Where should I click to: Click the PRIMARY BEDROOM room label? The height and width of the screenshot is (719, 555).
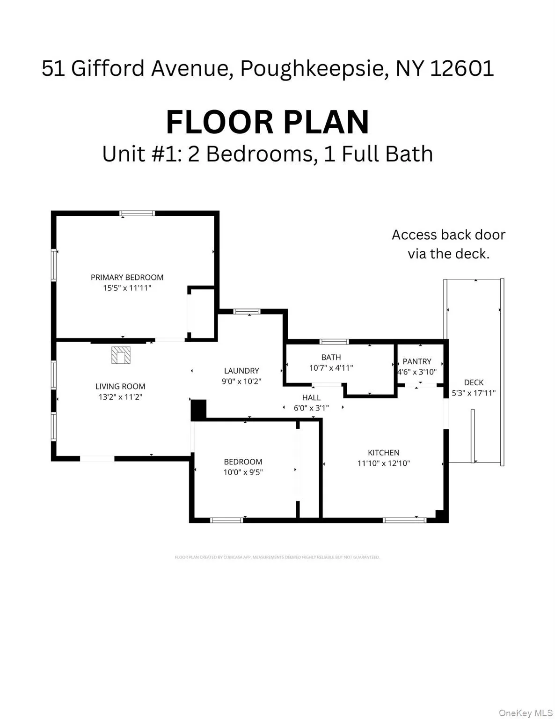coord(127,277)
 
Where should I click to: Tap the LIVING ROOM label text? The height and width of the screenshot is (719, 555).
coord(120,386)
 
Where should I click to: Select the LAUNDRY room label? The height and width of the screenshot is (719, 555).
coord(241,371)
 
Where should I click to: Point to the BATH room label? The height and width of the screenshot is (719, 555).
coord(331,357)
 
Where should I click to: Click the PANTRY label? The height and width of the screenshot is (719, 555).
coord(416,361)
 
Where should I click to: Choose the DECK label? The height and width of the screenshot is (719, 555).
coord(474,382)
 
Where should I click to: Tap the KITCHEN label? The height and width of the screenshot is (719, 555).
coord(383,453)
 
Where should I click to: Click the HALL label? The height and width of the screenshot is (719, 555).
coord(311,397)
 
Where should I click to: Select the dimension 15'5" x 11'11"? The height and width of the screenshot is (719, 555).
coord(127,288)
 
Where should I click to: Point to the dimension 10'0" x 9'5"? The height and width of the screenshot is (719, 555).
coord(243,472)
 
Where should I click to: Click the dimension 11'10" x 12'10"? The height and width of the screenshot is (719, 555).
coord(383,463)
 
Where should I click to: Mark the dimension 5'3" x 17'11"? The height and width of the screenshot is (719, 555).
coord(474,393)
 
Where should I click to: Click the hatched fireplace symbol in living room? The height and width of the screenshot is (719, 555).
coord(121,355)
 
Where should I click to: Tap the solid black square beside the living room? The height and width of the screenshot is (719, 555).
coord(198,410)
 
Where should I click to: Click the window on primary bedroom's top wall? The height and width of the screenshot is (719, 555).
coord(137,213)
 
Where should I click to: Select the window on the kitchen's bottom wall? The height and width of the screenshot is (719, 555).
coord(404,520)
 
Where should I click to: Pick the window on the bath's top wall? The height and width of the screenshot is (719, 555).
coord(334,341)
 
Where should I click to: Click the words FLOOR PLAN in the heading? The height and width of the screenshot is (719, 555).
coord(268,122)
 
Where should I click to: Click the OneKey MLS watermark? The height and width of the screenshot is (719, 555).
coord(526,713)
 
